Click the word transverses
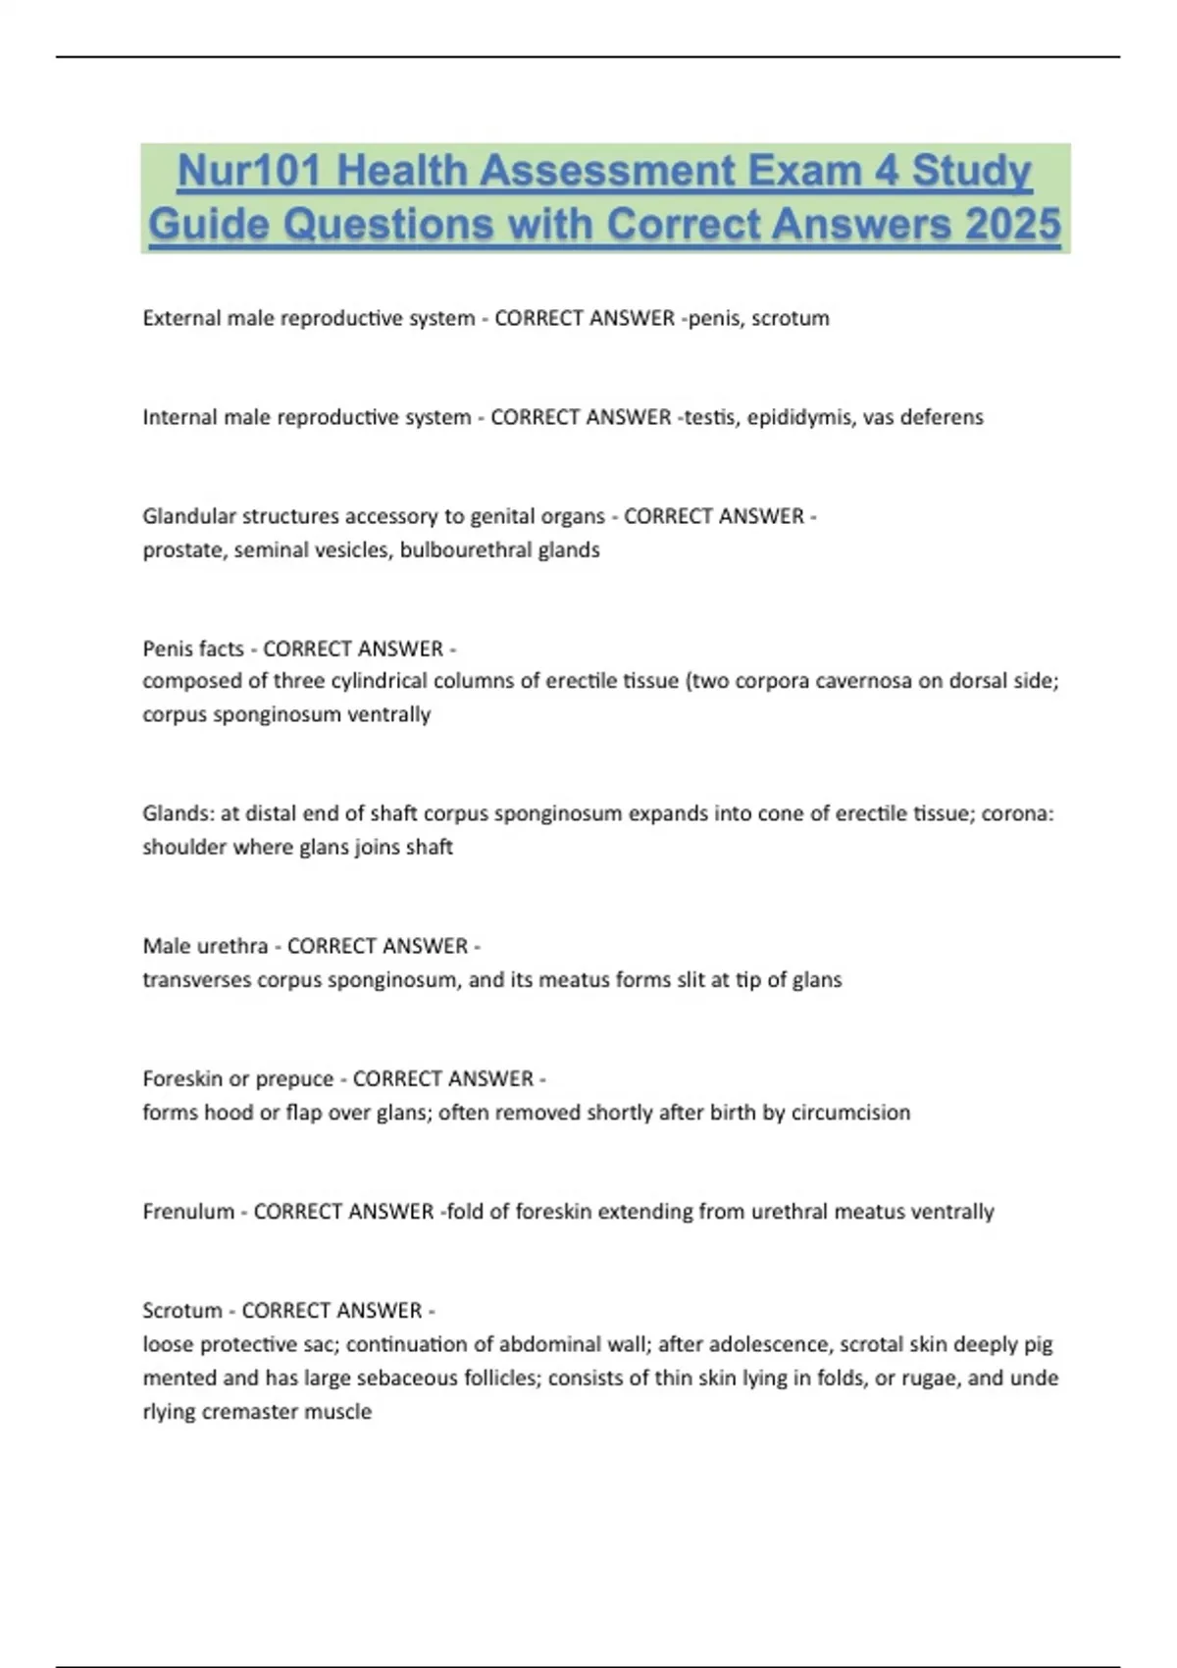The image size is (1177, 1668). (196, 980)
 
